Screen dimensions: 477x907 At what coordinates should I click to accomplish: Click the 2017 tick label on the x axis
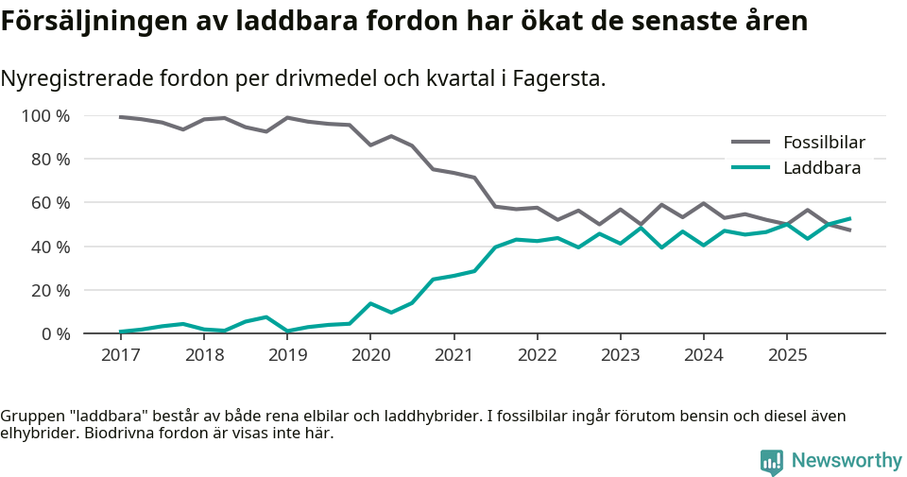point(120,355)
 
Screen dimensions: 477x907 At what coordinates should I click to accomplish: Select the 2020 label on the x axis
point(370,355)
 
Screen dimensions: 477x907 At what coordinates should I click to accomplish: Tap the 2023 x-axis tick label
point(620,355)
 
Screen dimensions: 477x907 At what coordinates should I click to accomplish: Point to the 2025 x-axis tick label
point(787,355)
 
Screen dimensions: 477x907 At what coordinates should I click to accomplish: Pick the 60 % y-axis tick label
point(51,203)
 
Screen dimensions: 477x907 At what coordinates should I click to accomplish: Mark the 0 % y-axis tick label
point(56,333)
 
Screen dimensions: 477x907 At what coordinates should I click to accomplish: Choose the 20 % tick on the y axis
point(51,290)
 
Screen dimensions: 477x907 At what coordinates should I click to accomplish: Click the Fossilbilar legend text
point(824,143)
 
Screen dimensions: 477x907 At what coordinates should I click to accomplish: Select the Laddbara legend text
point(822,168)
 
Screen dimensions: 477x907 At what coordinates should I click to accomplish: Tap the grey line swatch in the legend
point(751,143)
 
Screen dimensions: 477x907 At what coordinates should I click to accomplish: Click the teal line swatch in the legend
point(751,168)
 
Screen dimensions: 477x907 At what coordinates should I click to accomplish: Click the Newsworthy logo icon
point(771,461)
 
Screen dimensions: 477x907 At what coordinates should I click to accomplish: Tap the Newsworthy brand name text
point(847,461)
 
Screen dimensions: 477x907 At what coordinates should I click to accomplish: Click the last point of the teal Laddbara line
point(849,218)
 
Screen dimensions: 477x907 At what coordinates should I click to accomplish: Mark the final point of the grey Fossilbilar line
point(849,230)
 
